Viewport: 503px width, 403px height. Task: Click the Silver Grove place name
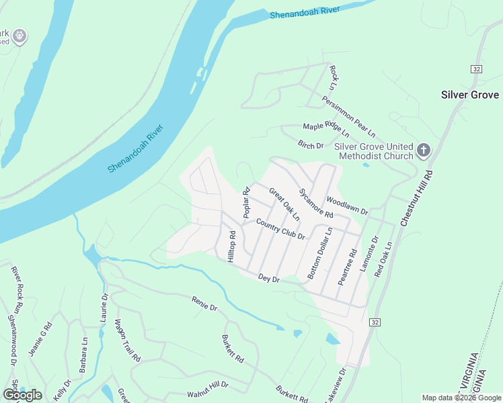469,95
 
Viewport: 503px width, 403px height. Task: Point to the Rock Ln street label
332,78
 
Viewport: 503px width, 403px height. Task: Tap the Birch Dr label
311,145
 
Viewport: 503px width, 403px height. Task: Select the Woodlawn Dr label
347,206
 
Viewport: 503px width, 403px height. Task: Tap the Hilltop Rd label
231,247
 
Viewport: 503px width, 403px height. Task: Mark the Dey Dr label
268,278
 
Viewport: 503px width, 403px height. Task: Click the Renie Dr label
204,304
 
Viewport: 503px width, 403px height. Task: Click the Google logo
22,394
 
